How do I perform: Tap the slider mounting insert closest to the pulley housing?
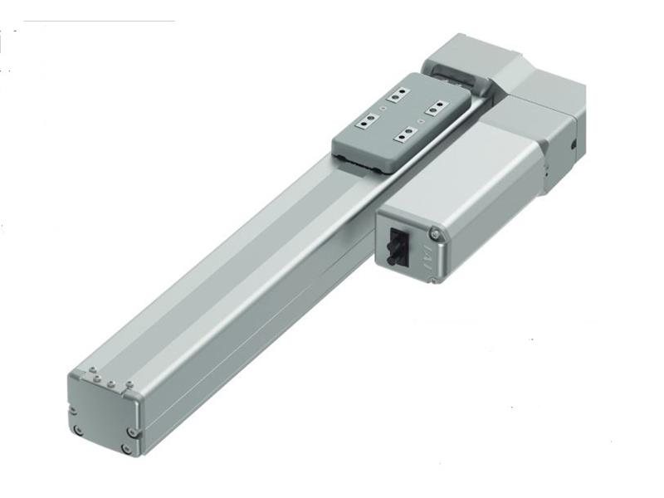pyautogui.click(x=396, y=97)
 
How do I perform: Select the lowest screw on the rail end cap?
pyautogui.click(x=125, y=448)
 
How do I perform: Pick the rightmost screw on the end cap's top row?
pyautogui.click(x=129, y=384)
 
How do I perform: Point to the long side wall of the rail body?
pyautogui.click(x=249, y=307)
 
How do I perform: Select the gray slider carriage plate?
pyautogui.click(x=398, y=124)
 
